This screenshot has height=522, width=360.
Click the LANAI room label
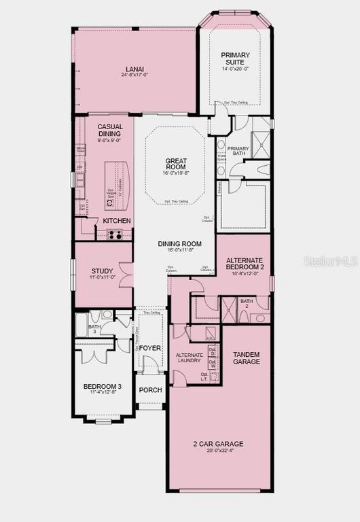[134, 68]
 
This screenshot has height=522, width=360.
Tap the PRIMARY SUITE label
[236, 58]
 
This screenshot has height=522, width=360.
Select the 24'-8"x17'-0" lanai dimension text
[134, 75]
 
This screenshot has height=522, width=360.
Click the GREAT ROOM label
[176, 164]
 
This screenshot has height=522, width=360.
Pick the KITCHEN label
[117, 222]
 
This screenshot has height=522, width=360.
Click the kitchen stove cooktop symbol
[114, 235]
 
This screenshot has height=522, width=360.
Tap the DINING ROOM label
[180, 244]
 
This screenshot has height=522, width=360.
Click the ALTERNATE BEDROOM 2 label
[245, 264]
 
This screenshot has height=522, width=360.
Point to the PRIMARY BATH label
[238, 151]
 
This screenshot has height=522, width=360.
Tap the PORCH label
[150, 391]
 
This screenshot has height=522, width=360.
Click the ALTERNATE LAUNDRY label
[189, 358]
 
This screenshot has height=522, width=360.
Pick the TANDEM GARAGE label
[247, 358]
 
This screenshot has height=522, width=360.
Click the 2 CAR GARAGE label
[218, 444]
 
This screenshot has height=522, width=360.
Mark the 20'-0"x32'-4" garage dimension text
[218, 451]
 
